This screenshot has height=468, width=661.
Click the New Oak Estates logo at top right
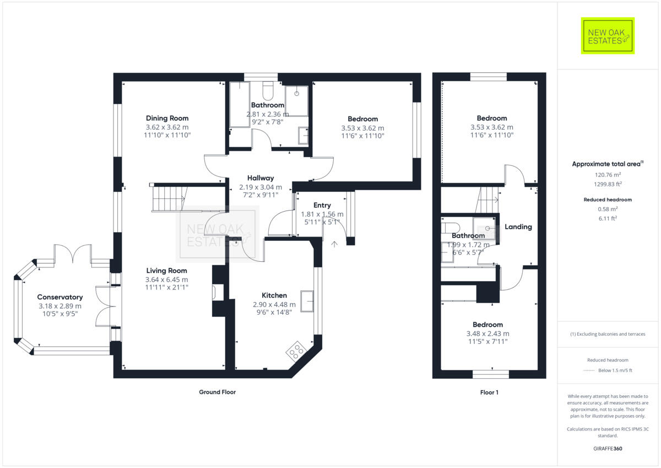(x=608, y=36)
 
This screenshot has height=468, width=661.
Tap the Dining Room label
(x=167, y=118)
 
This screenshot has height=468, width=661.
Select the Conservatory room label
(x=60, y=297)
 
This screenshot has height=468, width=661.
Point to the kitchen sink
(x=307, y=300)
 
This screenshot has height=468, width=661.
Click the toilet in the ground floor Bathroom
(x=268, y=89)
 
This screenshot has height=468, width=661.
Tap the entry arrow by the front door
(x=334, y=243)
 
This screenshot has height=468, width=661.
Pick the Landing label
(x=518, y=227)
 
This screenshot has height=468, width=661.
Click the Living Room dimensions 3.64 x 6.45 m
(x=166, y=279)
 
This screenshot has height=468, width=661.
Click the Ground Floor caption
(x=217, y=392)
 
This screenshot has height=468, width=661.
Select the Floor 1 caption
(x=489, y=392)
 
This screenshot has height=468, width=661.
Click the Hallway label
(x=261, y=178)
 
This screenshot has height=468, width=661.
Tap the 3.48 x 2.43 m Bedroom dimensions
(x=487, y=333)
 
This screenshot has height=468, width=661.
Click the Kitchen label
(x=274, y=295)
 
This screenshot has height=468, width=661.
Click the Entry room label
(x=322, y=205)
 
